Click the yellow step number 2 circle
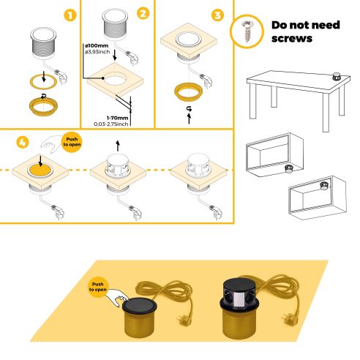[x=143, y=14]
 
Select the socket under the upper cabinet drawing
[x=288, y=168]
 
